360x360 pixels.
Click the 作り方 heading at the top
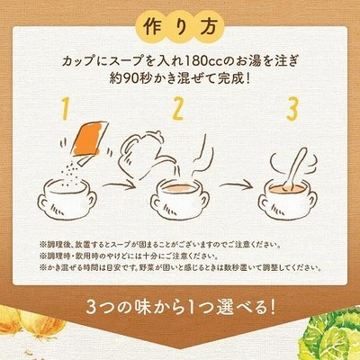(180, 28)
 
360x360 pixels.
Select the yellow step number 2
(177, 109)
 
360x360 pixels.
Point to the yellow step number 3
(292, 109)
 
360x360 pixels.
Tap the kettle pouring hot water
(143, 155)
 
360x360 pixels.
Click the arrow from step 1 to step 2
(118, 184)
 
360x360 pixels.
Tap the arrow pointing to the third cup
(236, 185)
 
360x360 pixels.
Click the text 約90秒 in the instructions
(128, 79)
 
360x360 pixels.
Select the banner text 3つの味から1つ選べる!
(180, 307)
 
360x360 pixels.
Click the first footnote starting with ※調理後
(159, 245)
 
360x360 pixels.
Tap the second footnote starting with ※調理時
(129, 256)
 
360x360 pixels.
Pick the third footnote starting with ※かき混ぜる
(180, 267)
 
